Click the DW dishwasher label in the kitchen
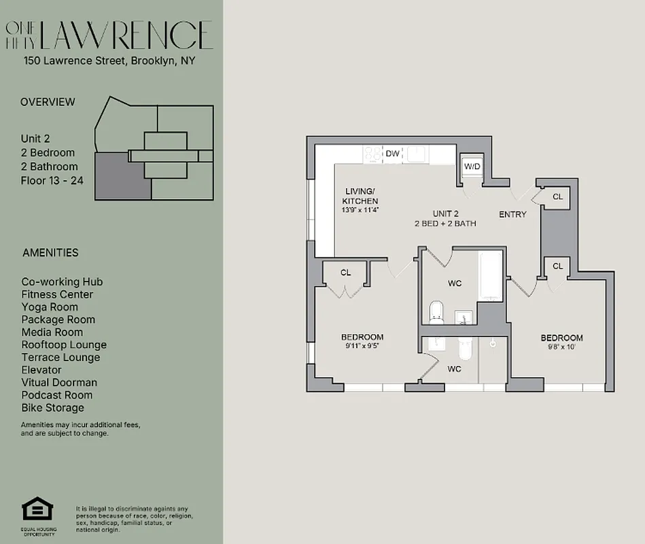pos(392,154)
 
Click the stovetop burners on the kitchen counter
pos(373,154)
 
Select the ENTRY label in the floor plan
pos(512,214)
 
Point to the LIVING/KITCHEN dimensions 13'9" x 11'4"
pos(360,210)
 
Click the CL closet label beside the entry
pos(558,197)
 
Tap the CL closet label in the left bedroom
pos(345,273)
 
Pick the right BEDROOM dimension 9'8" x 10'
pos(561,347)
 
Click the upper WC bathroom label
pos(455,283)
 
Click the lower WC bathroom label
pos(454,369)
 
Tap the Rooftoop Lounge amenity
pos(64,345)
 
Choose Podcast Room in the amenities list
pos(58,395)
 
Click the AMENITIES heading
pos(50,252)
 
